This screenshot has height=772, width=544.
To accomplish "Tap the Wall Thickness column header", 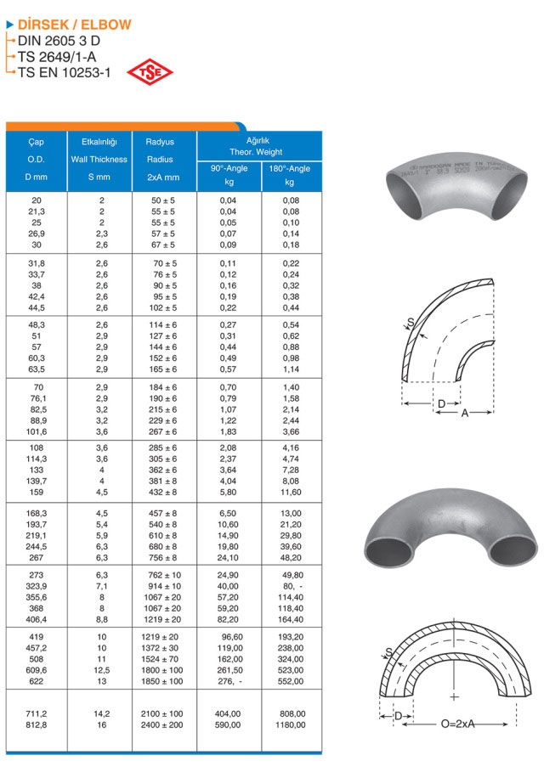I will [99, 159].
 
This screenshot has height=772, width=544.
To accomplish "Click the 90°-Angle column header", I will [229, 168].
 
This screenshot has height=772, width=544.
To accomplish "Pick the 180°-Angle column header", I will [289, 168].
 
